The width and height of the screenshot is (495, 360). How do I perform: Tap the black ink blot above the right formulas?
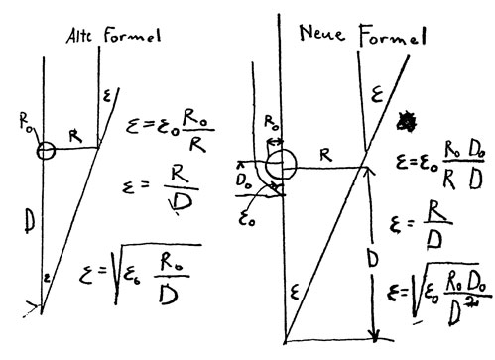click(x=404, y=118)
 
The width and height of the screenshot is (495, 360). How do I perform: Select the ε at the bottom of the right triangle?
click(x=297, y=294)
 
